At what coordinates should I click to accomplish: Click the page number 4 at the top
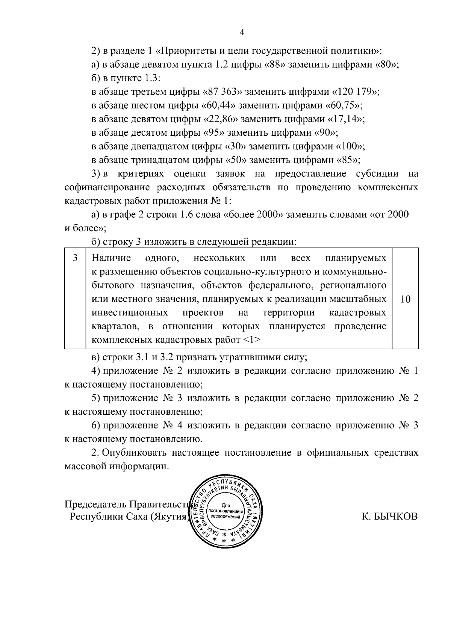[x=242, y=33]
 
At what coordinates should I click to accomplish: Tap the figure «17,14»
[x=346, y=119]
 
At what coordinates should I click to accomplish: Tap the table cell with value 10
[x=406, y=299]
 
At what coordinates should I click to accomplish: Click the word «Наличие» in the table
[x=112, y=258]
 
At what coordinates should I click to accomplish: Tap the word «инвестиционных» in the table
[x=130, y=313]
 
